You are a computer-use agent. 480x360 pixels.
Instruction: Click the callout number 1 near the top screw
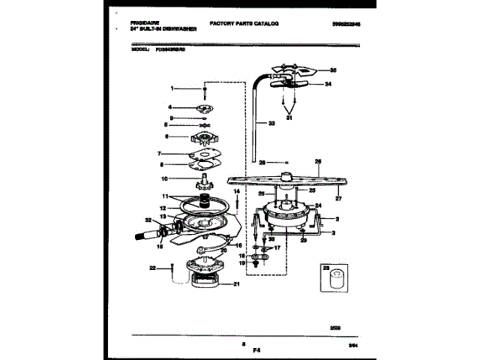click(172, 88)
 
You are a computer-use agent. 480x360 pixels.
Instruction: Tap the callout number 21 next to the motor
click(236, 283)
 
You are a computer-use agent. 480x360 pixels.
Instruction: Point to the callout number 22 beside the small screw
click(152, 267)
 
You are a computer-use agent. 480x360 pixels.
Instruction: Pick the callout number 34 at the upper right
click(327, 85)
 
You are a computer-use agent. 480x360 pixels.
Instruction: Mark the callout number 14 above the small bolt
click(235, 192)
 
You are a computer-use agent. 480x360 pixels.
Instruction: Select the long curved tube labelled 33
click(255, 105)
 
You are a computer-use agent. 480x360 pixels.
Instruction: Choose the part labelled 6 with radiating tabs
click(203, 139)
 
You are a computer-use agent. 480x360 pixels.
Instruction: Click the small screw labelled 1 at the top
click(205, 91)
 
